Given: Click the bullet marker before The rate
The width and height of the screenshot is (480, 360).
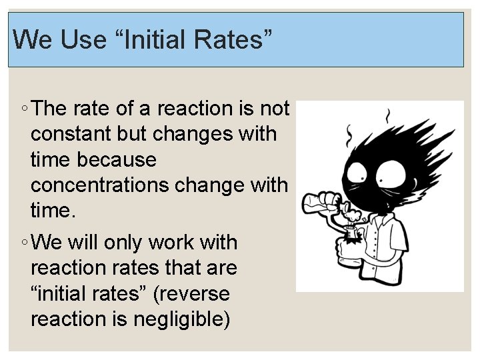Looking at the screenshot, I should [23, 109].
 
